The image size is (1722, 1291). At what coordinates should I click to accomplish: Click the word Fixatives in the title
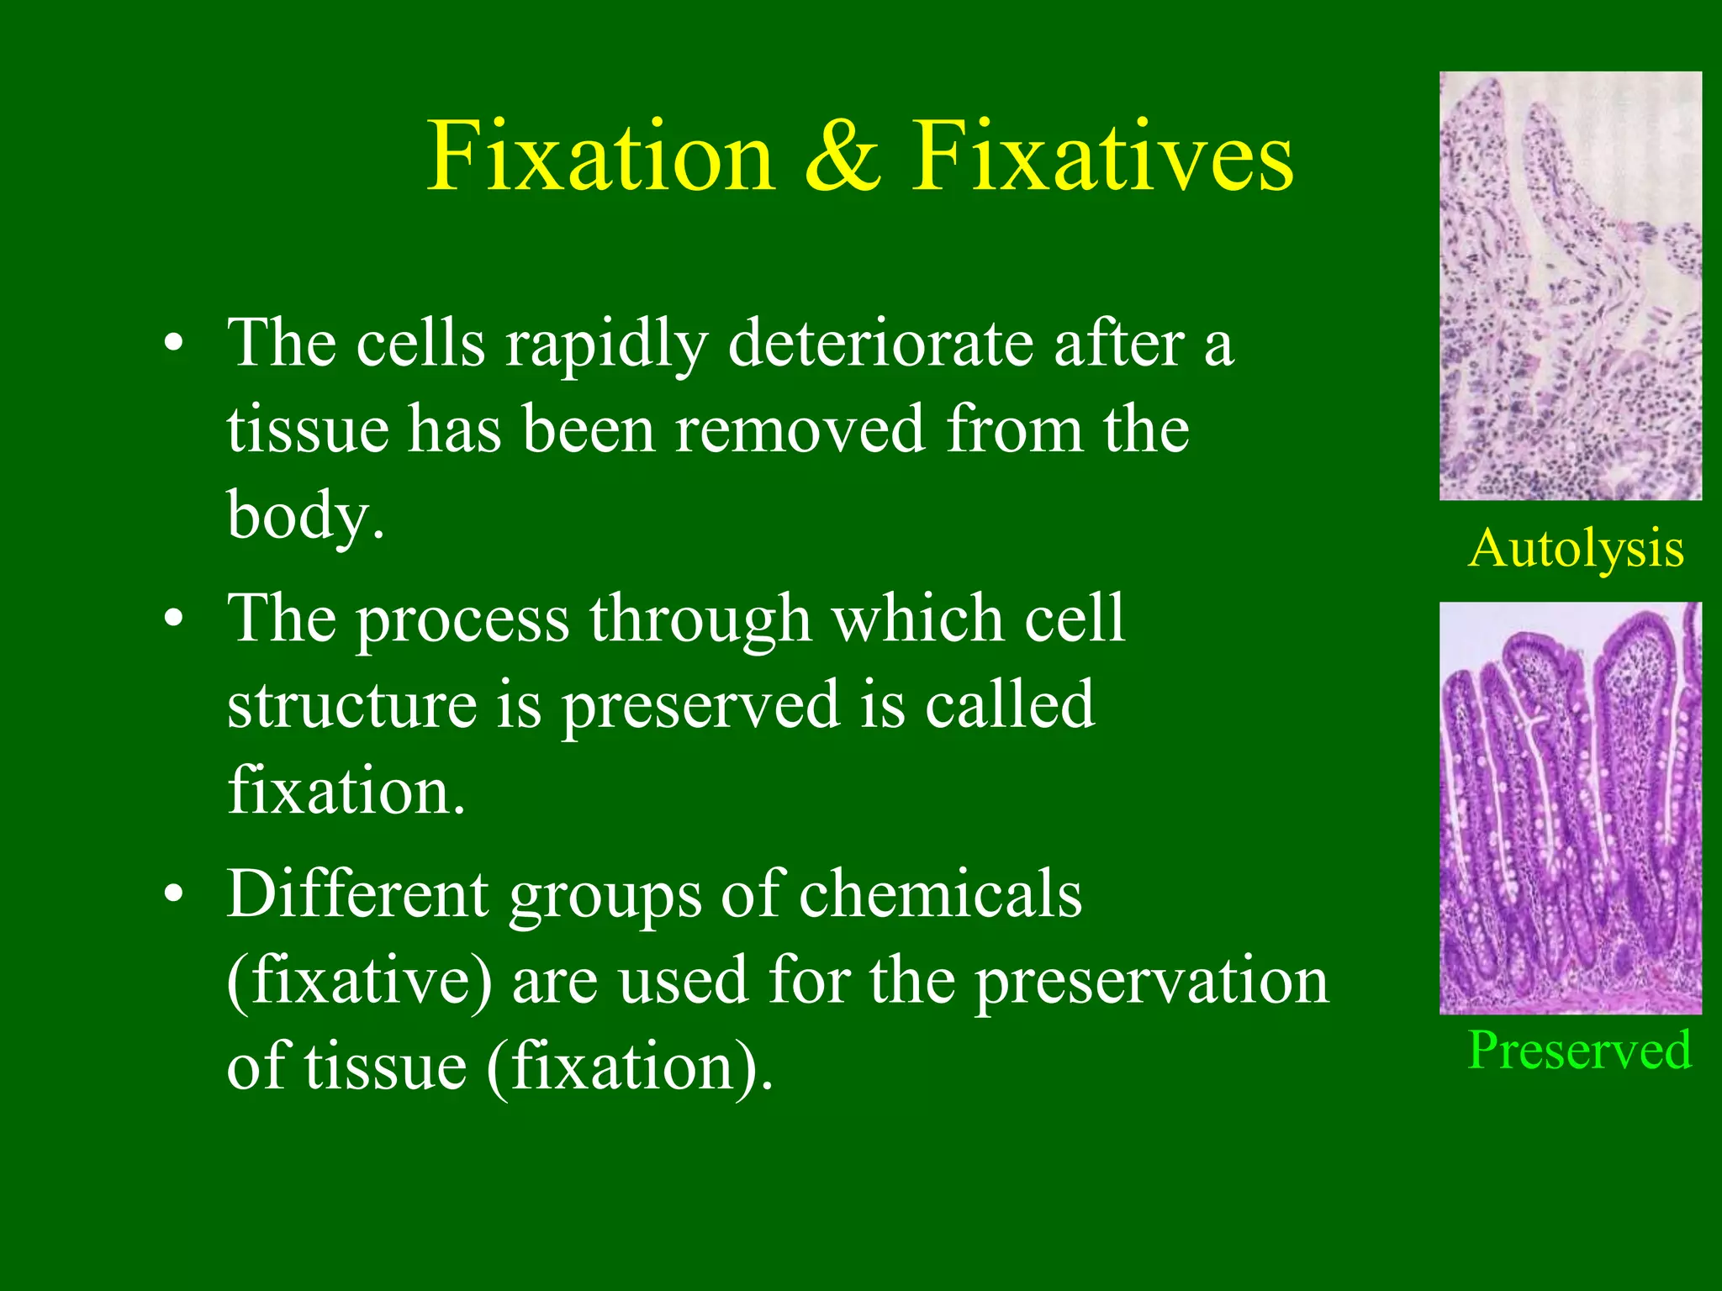pos(1102,157)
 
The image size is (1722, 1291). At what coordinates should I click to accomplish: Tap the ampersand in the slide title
pos(843,157)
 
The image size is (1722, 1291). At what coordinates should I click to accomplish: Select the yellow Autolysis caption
pos(1576,549)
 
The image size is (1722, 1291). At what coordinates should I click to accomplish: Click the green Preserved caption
pos(1579,1051)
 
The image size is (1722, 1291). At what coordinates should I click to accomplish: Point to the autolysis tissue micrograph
pos(1570,286)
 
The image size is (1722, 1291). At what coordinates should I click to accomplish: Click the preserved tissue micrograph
pos(1570,808)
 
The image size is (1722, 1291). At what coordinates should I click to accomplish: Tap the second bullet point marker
pos(173,619)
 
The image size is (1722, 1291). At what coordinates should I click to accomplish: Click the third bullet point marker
pos(173,893)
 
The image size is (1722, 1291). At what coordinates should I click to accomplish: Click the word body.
pos(305,515)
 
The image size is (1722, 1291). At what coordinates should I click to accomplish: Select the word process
pos(462,620)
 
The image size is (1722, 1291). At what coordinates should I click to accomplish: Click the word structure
pos(352,705)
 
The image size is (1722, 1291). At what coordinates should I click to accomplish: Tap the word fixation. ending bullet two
pos(346,791)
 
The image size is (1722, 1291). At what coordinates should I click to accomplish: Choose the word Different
pos(358,893)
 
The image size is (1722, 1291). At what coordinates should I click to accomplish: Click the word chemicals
pos(940,893)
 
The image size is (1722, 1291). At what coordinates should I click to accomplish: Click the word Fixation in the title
pos(600,157)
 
